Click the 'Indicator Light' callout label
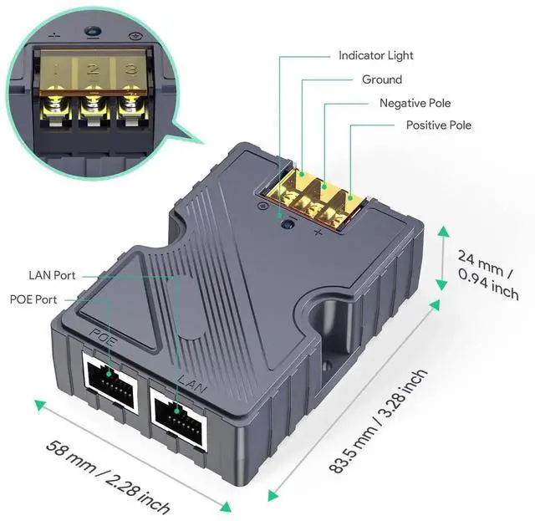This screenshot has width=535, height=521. coord(375,55)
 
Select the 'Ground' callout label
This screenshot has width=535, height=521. coord(381,79)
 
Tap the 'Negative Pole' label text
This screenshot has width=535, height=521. coord(415,103)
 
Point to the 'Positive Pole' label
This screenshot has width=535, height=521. coord(438,125)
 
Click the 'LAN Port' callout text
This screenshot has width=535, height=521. coord(52,274)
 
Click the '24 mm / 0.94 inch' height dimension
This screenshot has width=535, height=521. coord(488,273)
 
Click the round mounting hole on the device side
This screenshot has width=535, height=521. coord(323,317)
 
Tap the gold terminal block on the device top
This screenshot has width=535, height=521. coord(314,196)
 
